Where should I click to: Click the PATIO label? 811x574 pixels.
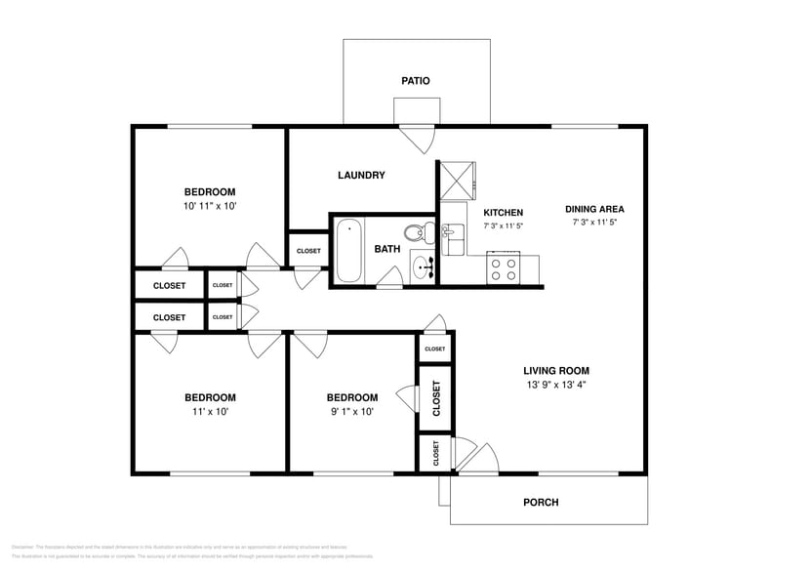click(x=416, y=81)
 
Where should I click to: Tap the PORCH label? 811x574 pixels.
click(x=542, y=503)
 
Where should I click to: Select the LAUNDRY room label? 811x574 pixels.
click(x=361, y=176)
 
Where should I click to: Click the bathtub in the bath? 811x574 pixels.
click(x=349, y=250)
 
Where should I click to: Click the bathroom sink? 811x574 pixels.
click(x=424, y=266)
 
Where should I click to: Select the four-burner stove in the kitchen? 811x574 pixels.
click(x=504, y=268)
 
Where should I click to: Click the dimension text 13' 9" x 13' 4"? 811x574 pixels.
click(x=555, y=385)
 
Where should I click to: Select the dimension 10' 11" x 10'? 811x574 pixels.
click(x=210, y=206)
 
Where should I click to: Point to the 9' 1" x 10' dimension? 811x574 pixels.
click(x=351, y=411)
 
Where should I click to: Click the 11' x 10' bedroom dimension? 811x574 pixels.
click(x=210, y=411)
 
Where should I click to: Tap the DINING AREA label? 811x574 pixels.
click(x=594, y=209)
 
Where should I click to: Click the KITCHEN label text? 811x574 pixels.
click(x=504, y=212)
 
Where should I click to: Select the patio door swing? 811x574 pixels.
click(x=416, y=140)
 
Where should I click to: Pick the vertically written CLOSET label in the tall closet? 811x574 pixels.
click(x=435, y=397)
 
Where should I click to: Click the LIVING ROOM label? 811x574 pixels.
click(x=555, y=371)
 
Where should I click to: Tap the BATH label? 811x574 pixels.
click(x=387, y=249)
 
